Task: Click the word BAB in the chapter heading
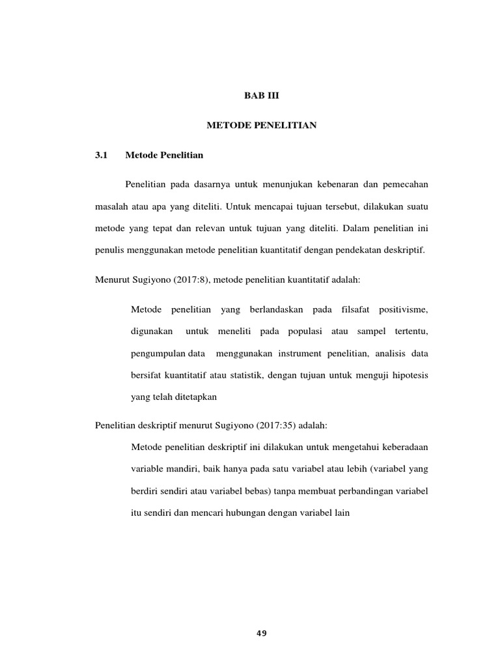[x=244, y=95]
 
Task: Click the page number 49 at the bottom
[x=262, y=633]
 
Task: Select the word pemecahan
[x=404, y=186]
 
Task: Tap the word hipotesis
[x=408, y=375]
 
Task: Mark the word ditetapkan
[x=194, y=397]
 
